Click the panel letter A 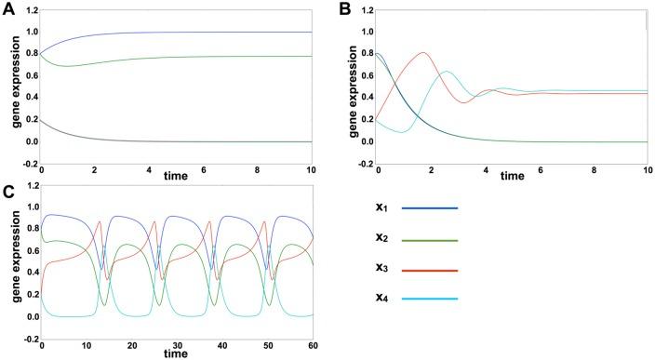[x=7, y=7]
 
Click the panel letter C [x=7, y=192]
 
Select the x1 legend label [x=381, y=207]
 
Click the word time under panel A [x=175, y=175]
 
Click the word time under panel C [x=175, y=353]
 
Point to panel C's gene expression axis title [x=10, y=270]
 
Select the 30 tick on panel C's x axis [x=176, y=345]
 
